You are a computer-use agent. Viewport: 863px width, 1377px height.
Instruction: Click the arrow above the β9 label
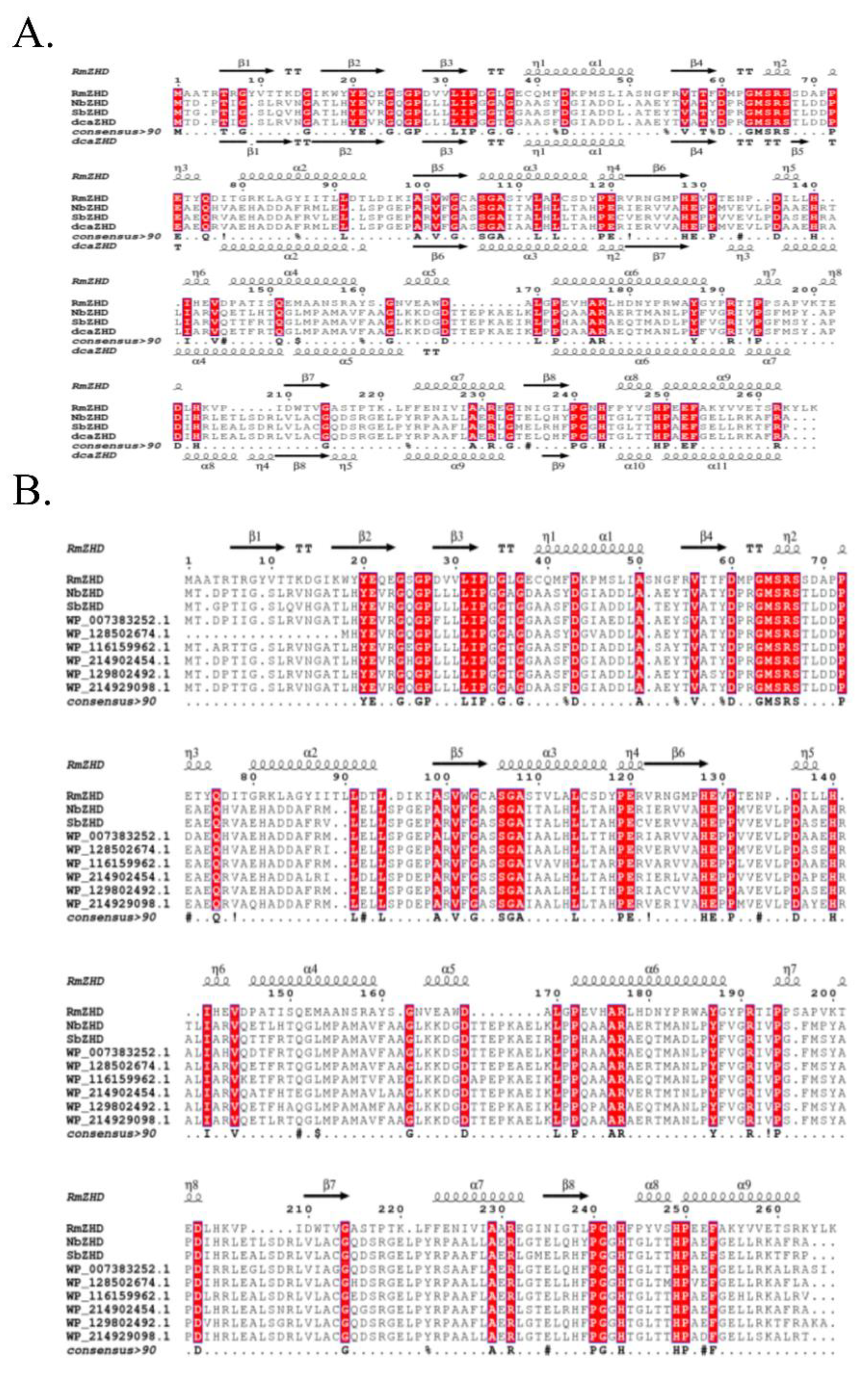pos(555,456)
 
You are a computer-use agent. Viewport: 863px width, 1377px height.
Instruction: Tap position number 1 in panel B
pos(188,561)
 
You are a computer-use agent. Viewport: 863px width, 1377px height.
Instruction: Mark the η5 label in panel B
pos(807,752)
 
